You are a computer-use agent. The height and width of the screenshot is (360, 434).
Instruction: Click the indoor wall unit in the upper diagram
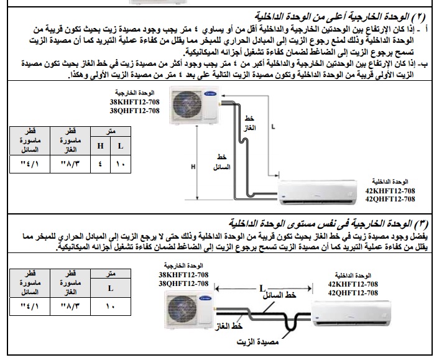tap(316, 190)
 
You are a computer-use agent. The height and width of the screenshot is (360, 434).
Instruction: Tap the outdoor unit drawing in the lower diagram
tap(189, 310)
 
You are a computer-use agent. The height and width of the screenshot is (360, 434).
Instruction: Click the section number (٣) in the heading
tap(423, 222)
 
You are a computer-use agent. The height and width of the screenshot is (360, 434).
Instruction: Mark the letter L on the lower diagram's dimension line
tap(264, 288)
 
